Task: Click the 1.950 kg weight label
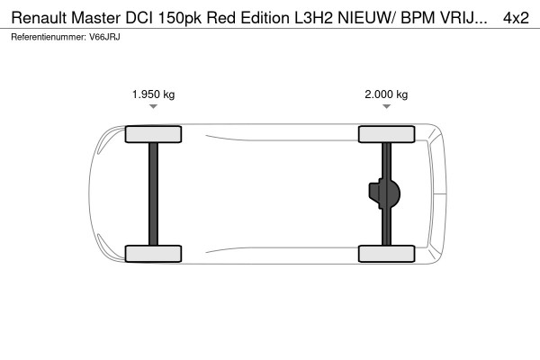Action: point(153,94)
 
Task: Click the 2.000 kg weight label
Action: point(386,94)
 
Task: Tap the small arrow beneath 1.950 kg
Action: point(153,107)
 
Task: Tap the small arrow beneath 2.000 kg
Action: point(386,107)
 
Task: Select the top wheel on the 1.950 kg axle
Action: point(153,134)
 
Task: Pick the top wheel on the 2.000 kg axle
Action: point(386,134)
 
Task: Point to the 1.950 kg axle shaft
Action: point(153,193)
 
